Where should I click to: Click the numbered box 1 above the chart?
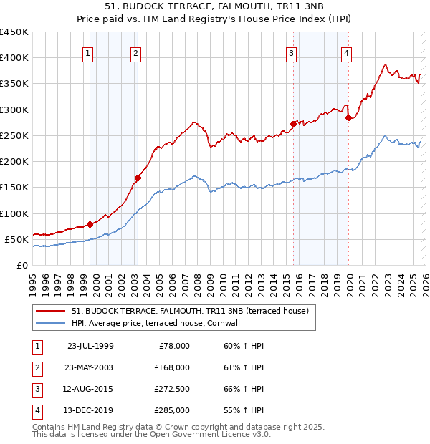point(87,52)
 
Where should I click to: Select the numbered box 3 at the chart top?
point(292,52)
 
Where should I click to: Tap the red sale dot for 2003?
point(138,178)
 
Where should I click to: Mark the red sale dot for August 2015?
point(293,124)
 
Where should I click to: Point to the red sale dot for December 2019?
point(348,117)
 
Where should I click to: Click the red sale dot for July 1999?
point(90,224)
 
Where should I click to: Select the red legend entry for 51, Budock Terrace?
point(189,311)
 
